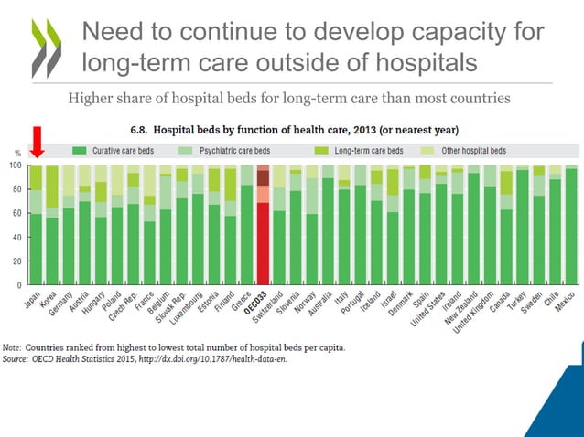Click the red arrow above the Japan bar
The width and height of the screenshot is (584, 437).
(38, 141)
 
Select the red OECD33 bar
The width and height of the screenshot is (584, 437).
(263, 225)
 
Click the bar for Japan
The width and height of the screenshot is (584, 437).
(37, 225)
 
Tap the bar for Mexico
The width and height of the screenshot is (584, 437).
(570, 225)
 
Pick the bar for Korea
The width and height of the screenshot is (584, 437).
(52, 225)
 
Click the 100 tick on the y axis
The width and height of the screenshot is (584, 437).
(16, 165)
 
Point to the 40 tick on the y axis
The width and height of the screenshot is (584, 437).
(17, 238)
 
